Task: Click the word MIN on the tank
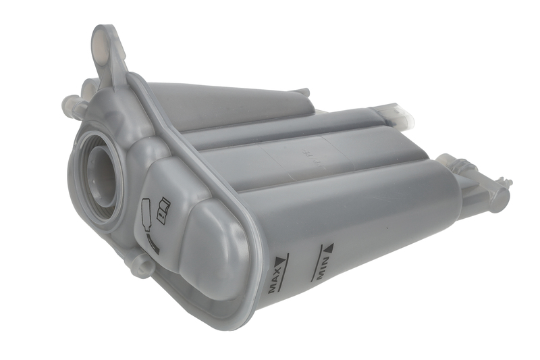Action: tap(323, 266)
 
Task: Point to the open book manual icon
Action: tap(162, 209)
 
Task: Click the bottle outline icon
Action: tap(145, 214)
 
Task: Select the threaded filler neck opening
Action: tap(100, 178)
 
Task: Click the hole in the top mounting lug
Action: tap(101, 40)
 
